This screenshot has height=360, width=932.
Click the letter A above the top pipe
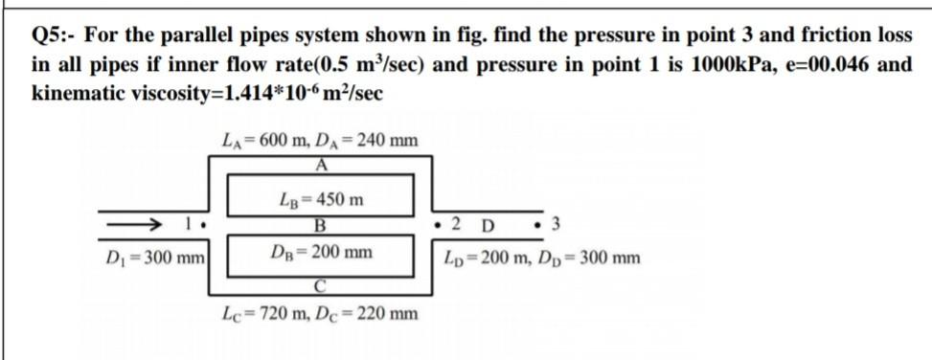pos(321,162)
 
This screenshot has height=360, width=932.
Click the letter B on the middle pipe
pos(320,227)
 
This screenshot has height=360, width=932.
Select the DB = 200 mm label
pos(320,254)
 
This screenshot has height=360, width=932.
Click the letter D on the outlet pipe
pos(488,227)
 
